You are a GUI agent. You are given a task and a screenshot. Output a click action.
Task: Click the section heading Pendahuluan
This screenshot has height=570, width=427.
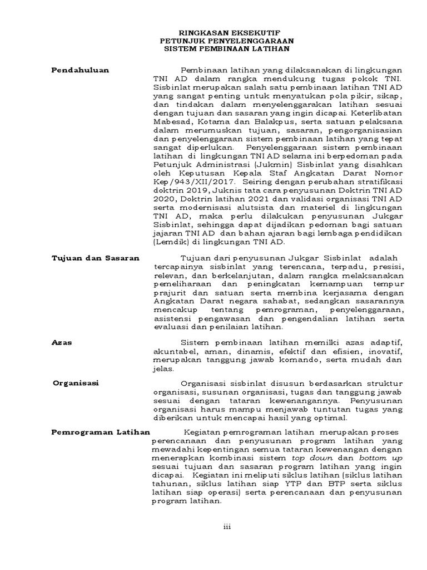80,70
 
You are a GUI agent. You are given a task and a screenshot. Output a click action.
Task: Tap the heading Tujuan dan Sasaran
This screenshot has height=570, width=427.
95,258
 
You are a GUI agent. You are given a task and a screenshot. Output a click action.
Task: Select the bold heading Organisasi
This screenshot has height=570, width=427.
75,384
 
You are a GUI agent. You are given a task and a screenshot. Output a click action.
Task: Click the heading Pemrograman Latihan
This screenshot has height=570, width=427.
101,432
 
